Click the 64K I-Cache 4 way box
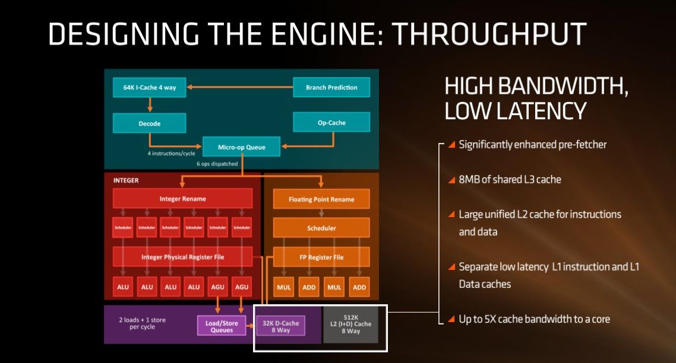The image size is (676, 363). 149,88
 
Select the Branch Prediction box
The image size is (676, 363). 331,88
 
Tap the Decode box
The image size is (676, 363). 149,123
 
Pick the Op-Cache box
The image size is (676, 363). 331,123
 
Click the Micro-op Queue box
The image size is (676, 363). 242,147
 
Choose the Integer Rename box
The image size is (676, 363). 182,199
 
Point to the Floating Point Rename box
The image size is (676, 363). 321,199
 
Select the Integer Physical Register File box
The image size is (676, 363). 182,257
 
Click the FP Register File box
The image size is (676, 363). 321,257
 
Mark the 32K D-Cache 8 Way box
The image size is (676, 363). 280,325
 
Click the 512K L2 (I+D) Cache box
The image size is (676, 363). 350,324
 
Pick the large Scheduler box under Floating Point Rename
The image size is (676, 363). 321,228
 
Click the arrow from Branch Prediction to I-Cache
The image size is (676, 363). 238,88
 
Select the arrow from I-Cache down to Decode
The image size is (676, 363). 149,106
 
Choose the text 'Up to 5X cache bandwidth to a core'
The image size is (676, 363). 534,319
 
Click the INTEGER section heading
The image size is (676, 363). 125,180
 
